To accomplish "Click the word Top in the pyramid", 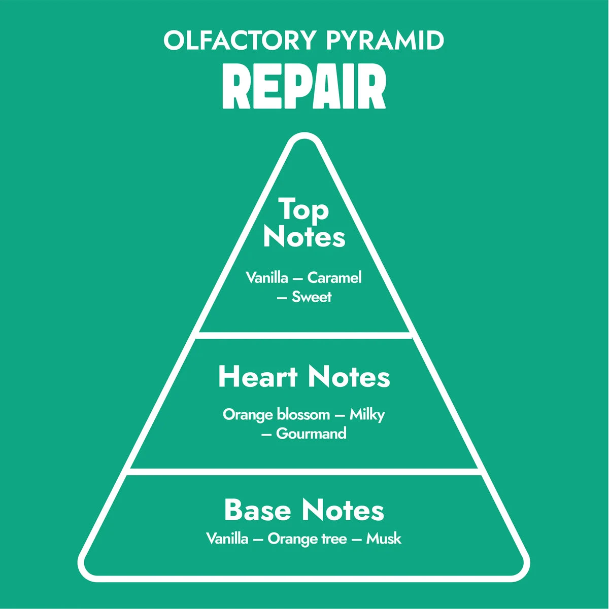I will [303, 210].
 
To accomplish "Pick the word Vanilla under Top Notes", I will [267, 278].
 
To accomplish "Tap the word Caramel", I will [334, 278].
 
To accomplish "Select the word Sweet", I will [312, 297].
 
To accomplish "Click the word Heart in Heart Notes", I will [258, 377].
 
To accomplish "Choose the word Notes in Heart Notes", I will [349, 377].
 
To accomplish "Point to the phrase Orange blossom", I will [276, 415].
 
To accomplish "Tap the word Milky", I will [367, 415].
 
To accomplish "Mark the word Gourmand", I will [311, 434].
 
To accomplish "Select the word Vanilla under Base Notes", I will [227, 539].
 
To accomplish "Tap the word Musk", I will [384, 539].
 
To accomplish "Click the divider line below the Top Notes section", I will [304, 335].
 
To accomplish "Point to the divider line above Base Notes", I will [304, 472].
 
